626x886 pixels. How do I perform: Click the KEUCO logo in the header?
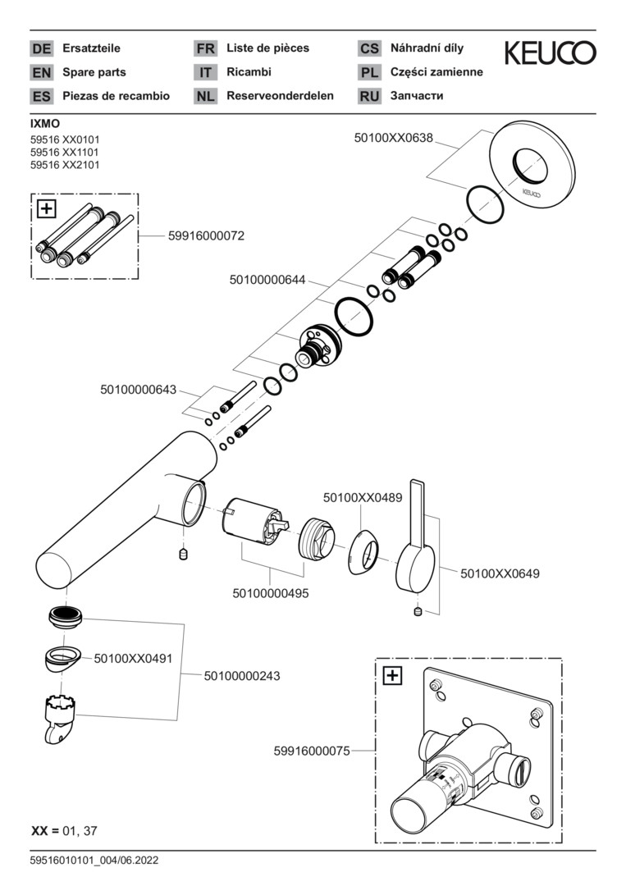(550, 53)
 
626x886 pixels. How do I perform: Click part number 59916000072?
(206, 235)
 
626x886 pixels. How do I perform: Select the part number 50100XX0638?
(393, 139)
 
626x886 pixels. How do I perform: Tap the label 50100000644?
(267, 280)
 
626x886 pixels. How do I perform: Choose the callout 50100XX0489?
(362, 497)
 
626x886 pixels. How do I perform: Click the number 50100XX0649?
(500, 574)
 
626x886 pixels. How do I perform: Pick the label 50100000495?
(271, 593)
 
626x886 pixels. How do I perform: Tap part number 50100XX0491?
(133, 658)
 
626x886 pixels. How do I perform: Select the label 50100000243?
(242, 675)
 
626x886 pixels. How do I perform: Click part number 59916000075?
(312, 750)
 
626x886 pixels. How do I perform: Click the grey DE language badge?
(41, 48)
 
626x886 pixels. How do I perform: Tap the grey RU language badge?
(369, 96)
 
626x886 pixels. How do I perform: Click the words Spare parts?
(94, 72)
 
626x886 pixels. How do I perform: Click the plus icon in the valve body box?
(393, 676)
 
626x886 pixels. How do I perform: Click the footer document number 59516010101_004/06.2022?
(94, 861)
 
